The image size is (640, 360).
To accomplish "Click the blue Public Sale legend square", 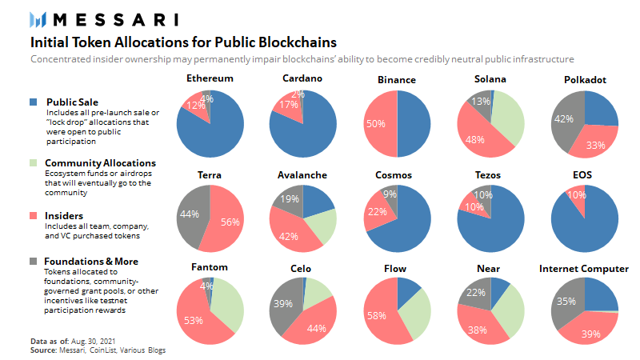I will (34, 102).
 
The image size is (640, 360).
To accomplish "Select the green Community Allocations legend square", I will (34, 163).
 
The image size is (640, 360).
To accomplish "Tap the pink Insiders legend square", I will (34, 216).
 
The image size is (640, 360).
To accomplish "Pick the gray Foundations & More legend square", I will (34, 261).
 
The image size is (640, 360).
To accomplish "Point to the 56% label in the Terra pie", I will (230, 222).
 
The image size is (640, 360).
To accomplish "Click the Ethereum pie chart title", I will (210, 79).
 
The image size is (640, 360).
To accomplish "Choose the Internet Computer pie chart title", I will (584, 268).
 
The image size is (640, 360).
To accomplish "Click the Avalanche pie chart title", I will (302, 174).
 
